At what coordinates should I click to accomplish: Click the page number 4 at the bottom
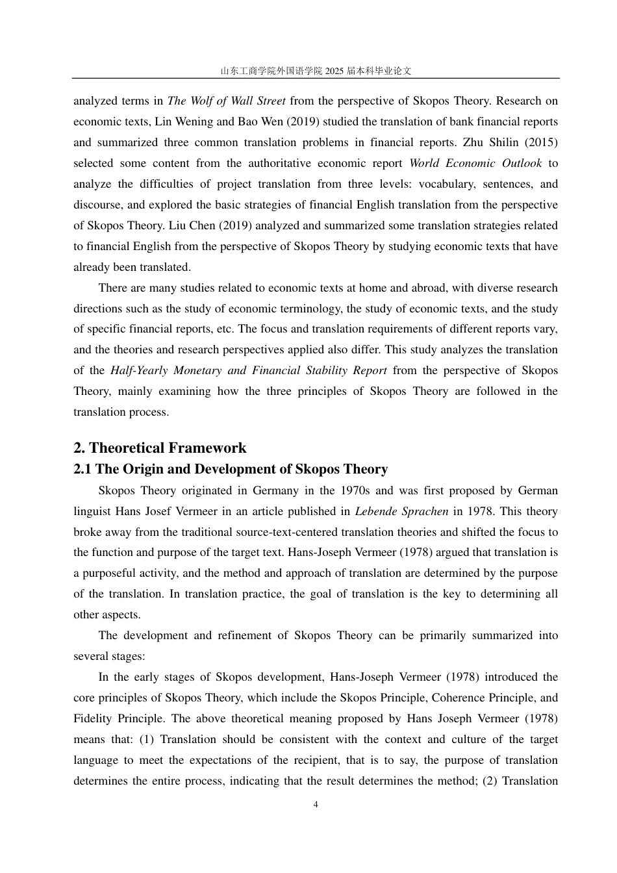316,805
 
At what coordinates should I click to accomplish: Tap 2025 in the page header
334,71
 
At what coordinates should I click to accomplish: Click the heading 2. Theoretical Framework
160,448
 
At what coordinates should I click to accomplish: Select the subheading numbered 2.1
231,469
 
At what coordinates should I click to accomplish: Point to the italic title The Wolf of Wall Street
226,101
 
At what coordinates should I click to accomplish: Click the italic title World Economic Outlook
475,163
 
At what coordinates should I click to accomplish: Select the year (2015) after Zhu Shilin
541,142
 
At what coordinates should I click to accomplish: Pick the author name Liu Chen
186,225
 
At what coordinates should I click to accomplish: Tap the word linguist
92,511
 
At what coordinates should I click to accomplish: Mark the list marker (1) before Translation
147,739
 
